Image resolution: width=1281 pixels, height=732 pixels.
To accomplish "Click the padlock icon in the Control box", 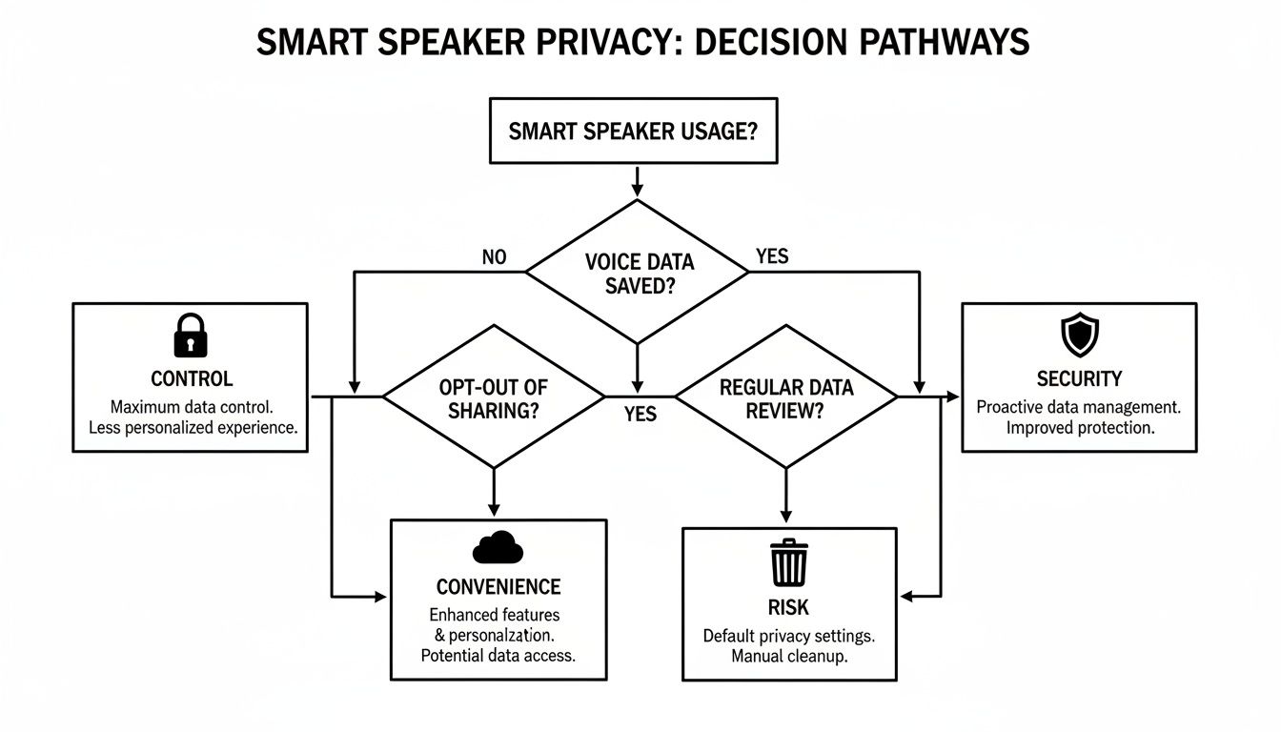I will coord(191,335).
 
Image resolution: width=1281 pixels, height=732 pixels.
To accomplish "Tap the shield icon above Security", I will coord(1079,335).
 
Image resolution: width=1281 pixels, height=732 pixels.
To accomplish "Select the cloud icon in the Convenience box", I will coord(498,548).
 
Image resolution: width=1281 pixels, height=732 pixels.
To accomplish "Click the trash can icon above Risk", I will coord(789,563).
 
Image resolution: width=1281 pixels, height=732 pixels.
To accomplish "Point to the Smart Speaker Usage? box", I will coord(633,132).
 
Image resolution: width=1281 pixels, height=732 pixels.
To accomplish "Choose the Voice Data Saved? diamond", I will coord(637,273).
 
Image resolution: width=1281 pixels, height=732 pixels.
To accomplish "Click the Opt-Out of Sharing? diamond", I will coord(493,398).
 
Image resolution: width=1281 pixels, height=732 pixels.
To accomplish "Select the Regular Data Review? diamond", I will coord(785,398).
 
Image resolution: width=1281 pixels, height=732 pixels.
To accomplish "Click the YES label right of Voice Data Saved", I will coord(771,256).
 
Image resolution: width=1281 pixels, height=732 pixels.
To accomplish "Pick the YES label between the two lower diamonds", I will coord(640,415).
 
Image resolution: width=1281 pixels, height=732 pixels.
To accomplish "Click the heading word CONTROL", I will coord(191,378).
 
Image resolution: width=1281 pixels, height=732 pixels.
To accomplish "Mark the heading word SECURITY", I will coord(1079,378).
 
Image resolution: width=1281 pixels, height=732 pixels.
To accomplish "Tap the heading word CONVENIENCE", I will coord(498,586).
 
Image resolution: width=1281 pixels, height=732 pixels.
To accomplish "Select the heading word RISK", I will coord(788,607).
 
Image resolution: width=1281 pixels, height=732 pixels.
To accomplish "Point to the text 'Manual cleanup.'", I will coord(788,657).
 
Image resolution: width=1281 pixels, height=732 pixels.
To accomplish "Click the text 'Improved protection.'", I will coord(1079,428).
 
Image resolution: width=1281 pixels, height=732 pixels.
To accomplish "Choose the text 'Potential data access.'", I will coord(498,656).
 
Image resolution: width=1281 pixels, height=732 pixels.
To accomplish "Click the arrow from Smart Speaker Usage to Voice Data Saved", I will coord(637,181).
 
